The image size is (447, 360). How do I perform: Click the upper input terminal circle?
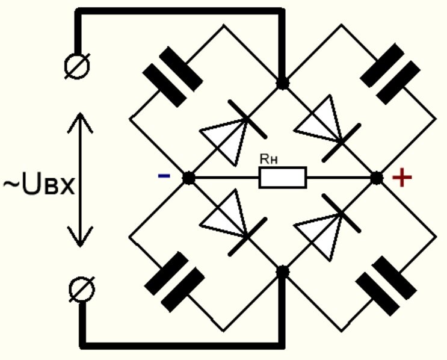[x=79, y=64]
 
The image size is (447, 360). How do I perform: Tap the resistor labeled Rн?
[x=283, y=178]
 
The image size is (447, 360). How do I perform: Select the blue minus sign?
[x=163, y=176]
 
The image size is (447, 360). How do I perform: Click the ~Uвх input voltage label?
[x=39, y=186]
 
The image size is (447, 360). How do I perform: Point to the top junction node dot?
[x=282, y=82]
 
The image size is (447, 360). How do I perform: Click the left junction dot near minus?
[x=188, y=178]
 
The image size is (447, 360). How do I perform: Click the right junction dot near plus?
[x=377, y=178]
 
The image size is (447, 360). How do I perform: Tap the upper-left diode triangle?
[x=224, y=138]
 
